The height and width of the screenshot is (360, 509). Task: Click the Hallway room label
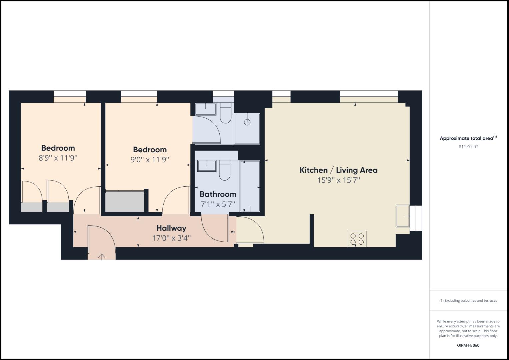point(171,228)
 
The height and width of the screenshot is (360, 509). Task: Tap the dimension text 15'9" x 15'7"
point(339,180)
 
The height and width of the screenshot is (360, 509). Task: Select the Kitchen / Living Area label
point(338,170)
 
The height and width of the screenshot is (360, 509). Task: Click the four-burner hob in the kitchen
point(357,239)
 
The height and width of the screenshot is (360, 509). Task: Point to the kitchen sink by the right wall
point(403,216)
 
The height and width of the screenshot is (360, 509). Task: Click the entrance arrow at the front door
point(102,256)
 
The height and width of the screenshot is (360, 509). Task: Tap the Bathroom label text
point(218,194)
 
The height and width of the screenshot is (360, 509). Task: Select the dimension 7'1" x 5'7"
point(218,204)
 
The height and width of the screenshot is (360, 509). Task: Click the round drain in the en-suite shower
point(247,122)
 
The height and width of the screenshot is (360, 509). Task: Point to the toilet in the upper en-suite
point(226,113)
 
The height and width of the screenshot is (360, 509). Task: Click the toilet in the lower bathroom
point(225,170)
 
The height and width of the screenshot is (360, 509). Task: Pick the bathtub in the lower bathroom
point(250,187)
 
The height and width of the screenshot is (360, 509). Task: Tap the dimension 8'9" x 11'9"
point(58,158)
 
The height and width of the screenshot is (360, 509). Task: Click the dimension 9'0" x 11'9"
point(150,159)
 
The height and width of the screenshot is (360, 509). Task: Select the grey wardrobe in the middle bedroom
point(125,201)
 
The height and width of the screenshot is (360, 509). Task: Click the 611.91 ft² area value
point(468,147)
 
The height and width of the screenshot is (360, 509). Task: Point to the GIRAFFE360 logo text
point(468,345)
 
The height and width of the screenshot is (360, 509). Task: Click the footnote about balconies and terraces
point(468,300)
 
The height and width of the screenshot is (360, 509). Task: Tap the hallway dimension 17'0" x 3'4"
point(171,238)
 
